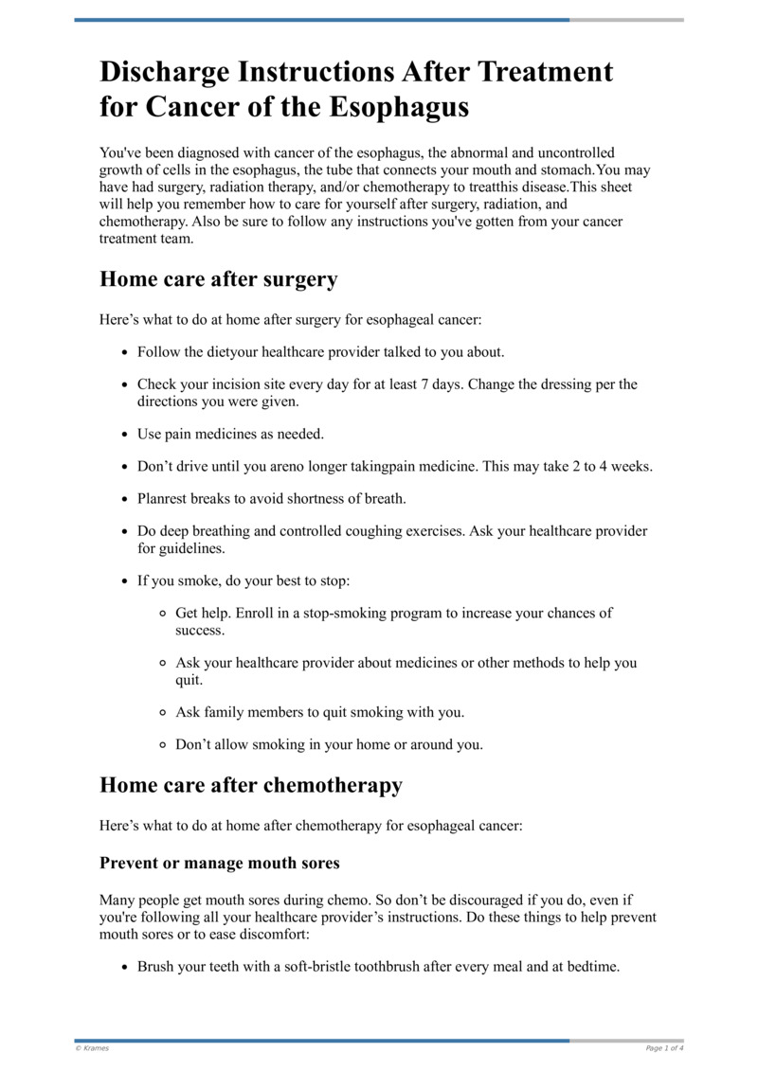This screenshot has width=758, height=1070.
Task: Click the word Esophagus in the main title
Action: (x=400, y=107)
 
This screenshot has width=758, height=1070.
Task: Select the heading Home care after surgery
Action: (x=218, y=279)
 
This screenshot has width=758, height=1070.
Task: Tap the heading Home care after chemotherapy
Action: (x=251, y=785)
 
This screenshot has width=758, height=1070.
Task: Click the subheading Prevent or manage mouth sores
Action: (x=219, y=863)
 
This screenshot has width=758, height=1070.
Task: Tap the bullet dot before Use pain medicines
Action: (x=126, y=435)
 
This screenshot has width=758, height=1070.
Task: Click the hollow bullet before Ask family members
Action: (x=163, y=712)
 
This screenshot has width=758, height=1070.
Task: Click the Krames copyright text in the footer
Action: (x=93, y=1048)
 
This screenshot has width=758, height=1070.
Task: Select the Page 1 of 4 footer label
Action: (x=663, y=1048)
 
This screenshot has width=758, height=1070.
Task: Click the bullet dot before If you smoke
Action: (x=126, y=580)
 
